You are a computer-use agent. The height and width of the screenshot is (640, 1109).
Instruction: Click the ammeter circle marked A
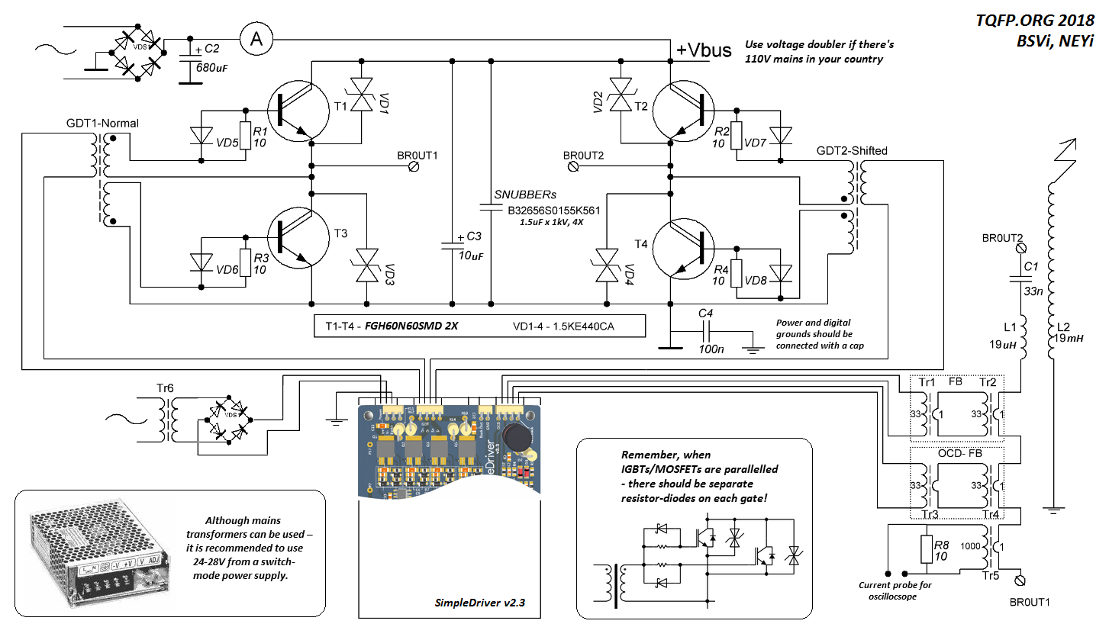click(x=257, y=40)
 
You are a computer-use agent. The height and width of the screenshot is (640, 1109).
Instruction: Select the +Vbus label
click(x=704, y=50)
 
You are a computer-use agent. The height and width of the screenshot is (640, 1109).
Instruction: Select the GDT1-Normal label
click(x=102, y=123)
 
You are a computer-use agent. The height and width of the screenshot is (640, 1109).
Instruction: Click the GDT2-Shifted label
click(x=852, y=150)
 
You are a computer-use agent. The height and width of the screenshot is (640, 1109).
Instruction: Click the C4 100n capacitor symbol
click(x=707, y=333)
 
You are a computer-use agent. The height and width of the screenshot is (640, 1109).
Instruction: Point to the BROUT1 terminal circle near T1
click(x=414, y=165)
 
